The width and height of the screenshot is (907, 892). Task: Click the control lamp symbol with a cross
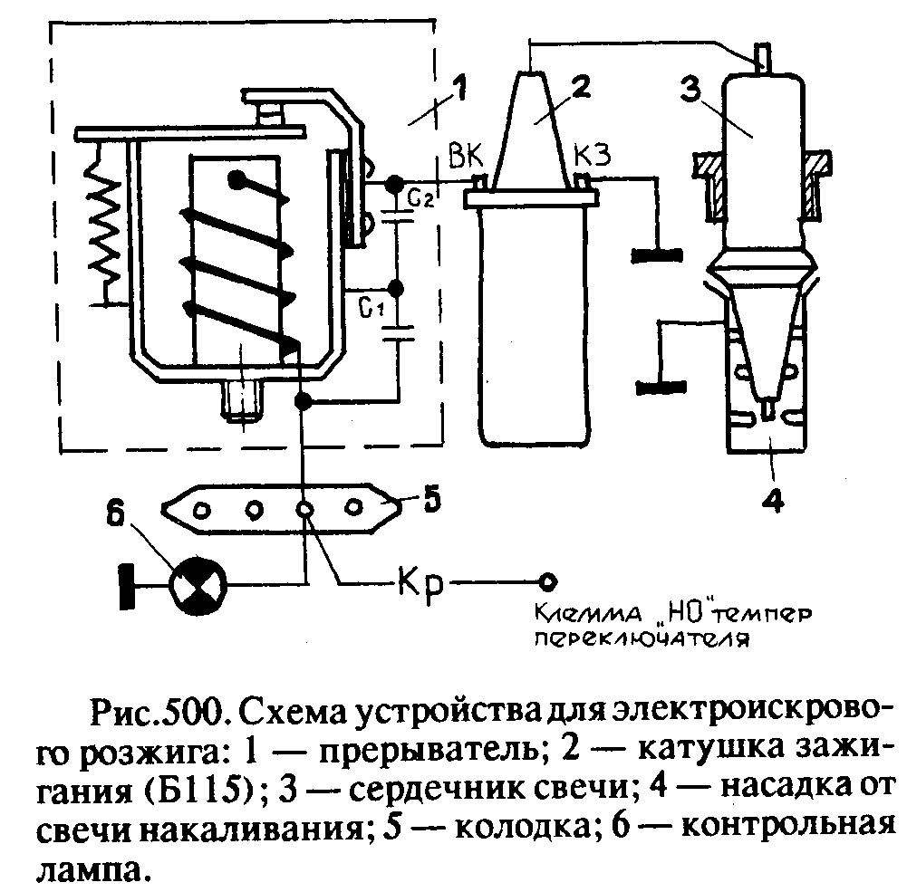[x=198, y=585]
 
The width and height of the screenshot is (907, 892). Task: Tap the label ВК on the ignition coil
[x=466, y=156]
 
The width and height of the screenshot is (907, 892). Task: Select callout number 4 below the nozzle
[x=774, y=496]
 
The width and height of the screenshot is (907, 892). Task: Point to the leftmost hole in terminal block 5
[x=202, y=511]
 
